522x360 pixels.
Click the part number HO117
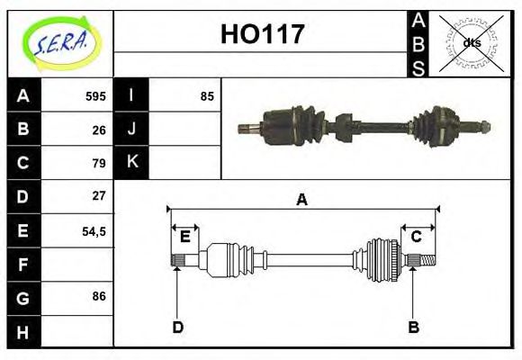pos(263,35)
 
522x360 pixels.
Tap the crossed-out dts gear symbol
pos(471,42)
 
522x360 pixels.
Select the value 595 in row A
pos(95,96)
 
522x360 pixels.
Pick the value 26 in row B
pos(99,130)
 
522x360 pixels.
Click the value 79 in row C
pos(99,163)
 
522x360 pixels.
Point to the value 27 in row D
pos(99,195)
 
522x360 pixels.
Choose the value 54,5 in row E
pos(94,230)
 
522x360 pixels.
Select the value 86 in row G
pos(99,295)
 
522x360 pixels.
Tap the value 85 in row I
pos(207,96)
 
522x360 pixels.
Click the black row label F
pos(22,265)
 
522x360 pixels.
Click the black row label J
pos(131,129)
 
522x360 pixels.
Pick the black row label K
pos(131,163)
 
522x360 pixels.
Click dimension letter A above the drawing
pos(301,200)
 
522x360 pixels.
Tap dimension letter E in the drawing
pos(184,237)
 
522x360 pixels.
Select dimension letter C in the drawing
pos(416,237)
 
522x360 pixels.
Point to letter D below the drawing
pos(177,327)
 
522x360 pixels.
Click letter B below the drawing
pos(413,327)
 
